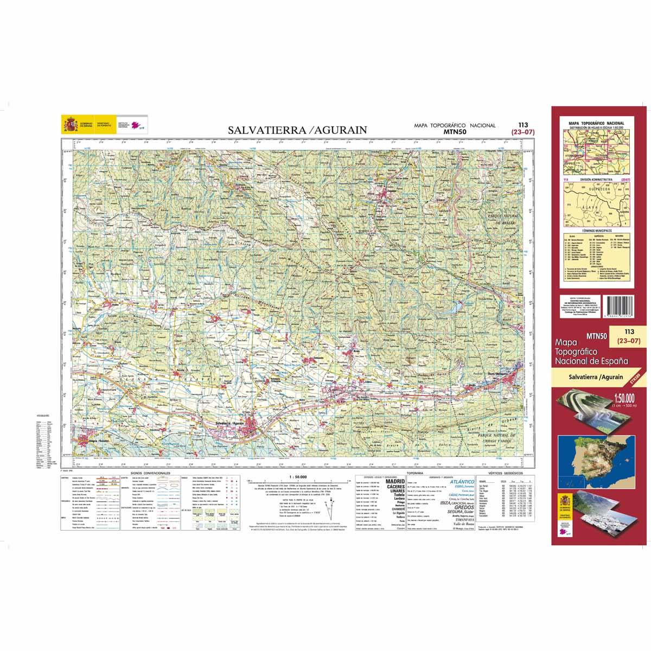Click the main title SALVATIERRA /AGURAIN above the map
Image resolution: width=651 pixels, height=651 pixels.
[297, 130]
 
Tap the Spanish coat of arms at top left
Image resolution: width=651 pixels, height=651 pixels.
[70, 126]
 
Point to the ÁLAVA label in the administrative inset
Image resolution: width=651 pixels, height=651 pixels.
[589, 207]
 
